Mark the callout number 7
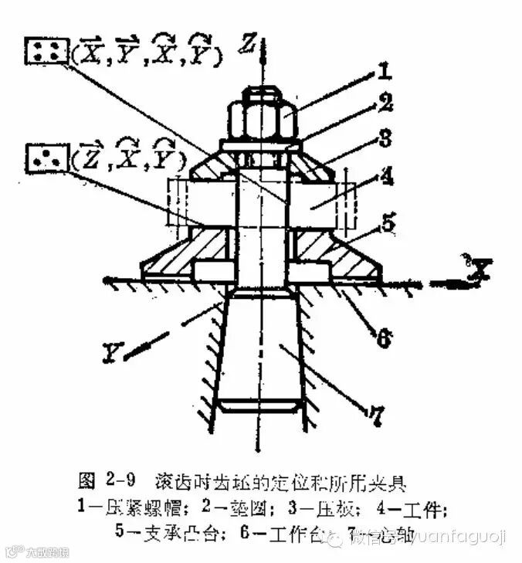[x=376, y=417]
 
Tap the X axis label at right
[x=483, y=270]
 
